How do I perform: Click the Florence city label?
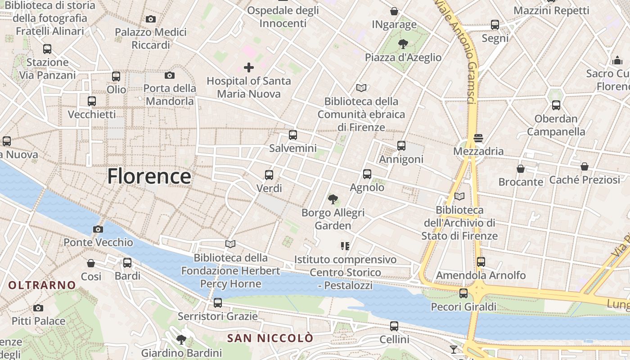(149, 176)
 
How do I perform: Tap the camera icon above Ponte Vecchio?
(98, 229)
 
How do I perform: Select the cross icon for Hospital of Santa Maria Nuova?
(248, 67)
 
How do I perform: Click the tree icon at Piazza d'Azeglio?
(403, 44)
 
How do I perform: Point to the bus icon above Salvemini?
(293, 135)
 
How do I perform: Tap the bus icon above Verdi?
(269, 175)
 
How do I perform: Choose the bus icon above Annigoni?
(401, 146)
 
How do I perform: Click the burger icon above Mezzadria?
(478, 138)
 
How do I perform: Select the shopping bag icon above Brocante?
(521, 169)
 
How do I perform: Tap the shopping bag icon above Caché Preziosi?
(585, 166)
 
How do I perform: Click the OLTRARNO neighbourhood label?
(42, 285)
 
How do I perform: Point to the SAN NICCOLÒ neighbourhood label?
(270, 338)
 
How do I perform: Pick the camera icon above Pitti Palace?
(38, 308)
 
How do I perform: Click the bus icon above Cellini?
(394, 326)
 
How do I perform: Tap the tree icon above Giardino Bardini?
(181, 339)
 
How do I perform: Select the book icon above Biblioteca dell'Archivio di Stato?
(459, 197)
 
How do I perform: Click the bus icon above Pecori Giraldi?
(463, 293)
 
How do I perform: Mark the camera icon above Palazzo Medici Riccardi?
(151, 19)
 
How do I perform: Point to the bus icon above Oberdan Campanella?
(556, 105)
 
